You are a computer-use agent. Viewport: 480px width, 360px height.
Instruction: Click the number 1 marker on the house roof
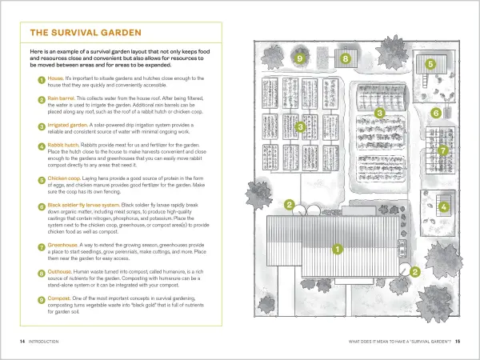[338, 249]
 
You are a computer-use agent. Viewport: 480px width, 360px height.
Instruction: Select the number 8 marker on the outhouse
[346, 58]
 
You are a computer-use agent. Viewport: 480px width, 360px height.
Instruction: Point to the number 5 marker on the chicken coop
[430, 65]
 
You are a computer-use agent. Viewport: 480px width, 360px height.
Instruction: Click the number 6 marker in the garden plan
[436, 113]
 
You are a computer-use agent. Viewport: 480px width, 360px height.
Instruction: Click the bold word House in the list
[58, 78]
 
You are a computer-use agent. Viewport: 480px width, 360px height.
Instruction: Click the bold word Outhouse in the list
[62, 271]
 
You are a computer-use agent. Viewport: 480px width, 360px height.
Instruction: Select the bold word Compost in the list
[61, 298]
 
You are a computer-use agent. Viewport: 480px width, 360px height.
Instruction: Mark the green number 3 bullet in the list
[41, 126]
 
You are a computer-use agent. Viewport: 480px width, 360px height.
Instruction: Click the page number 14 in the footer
[22, 342]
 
